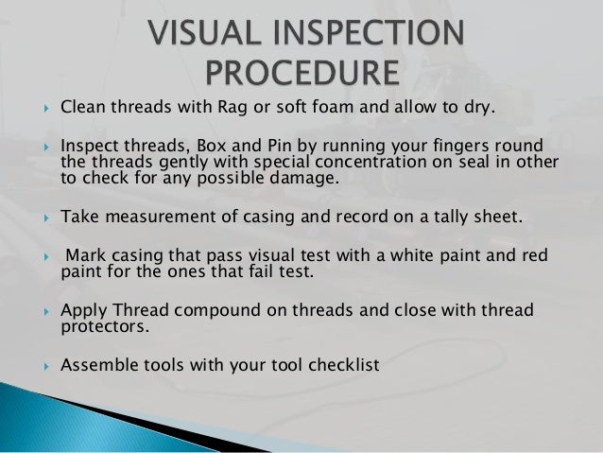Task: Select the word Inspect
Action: (x=89, y=144)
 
